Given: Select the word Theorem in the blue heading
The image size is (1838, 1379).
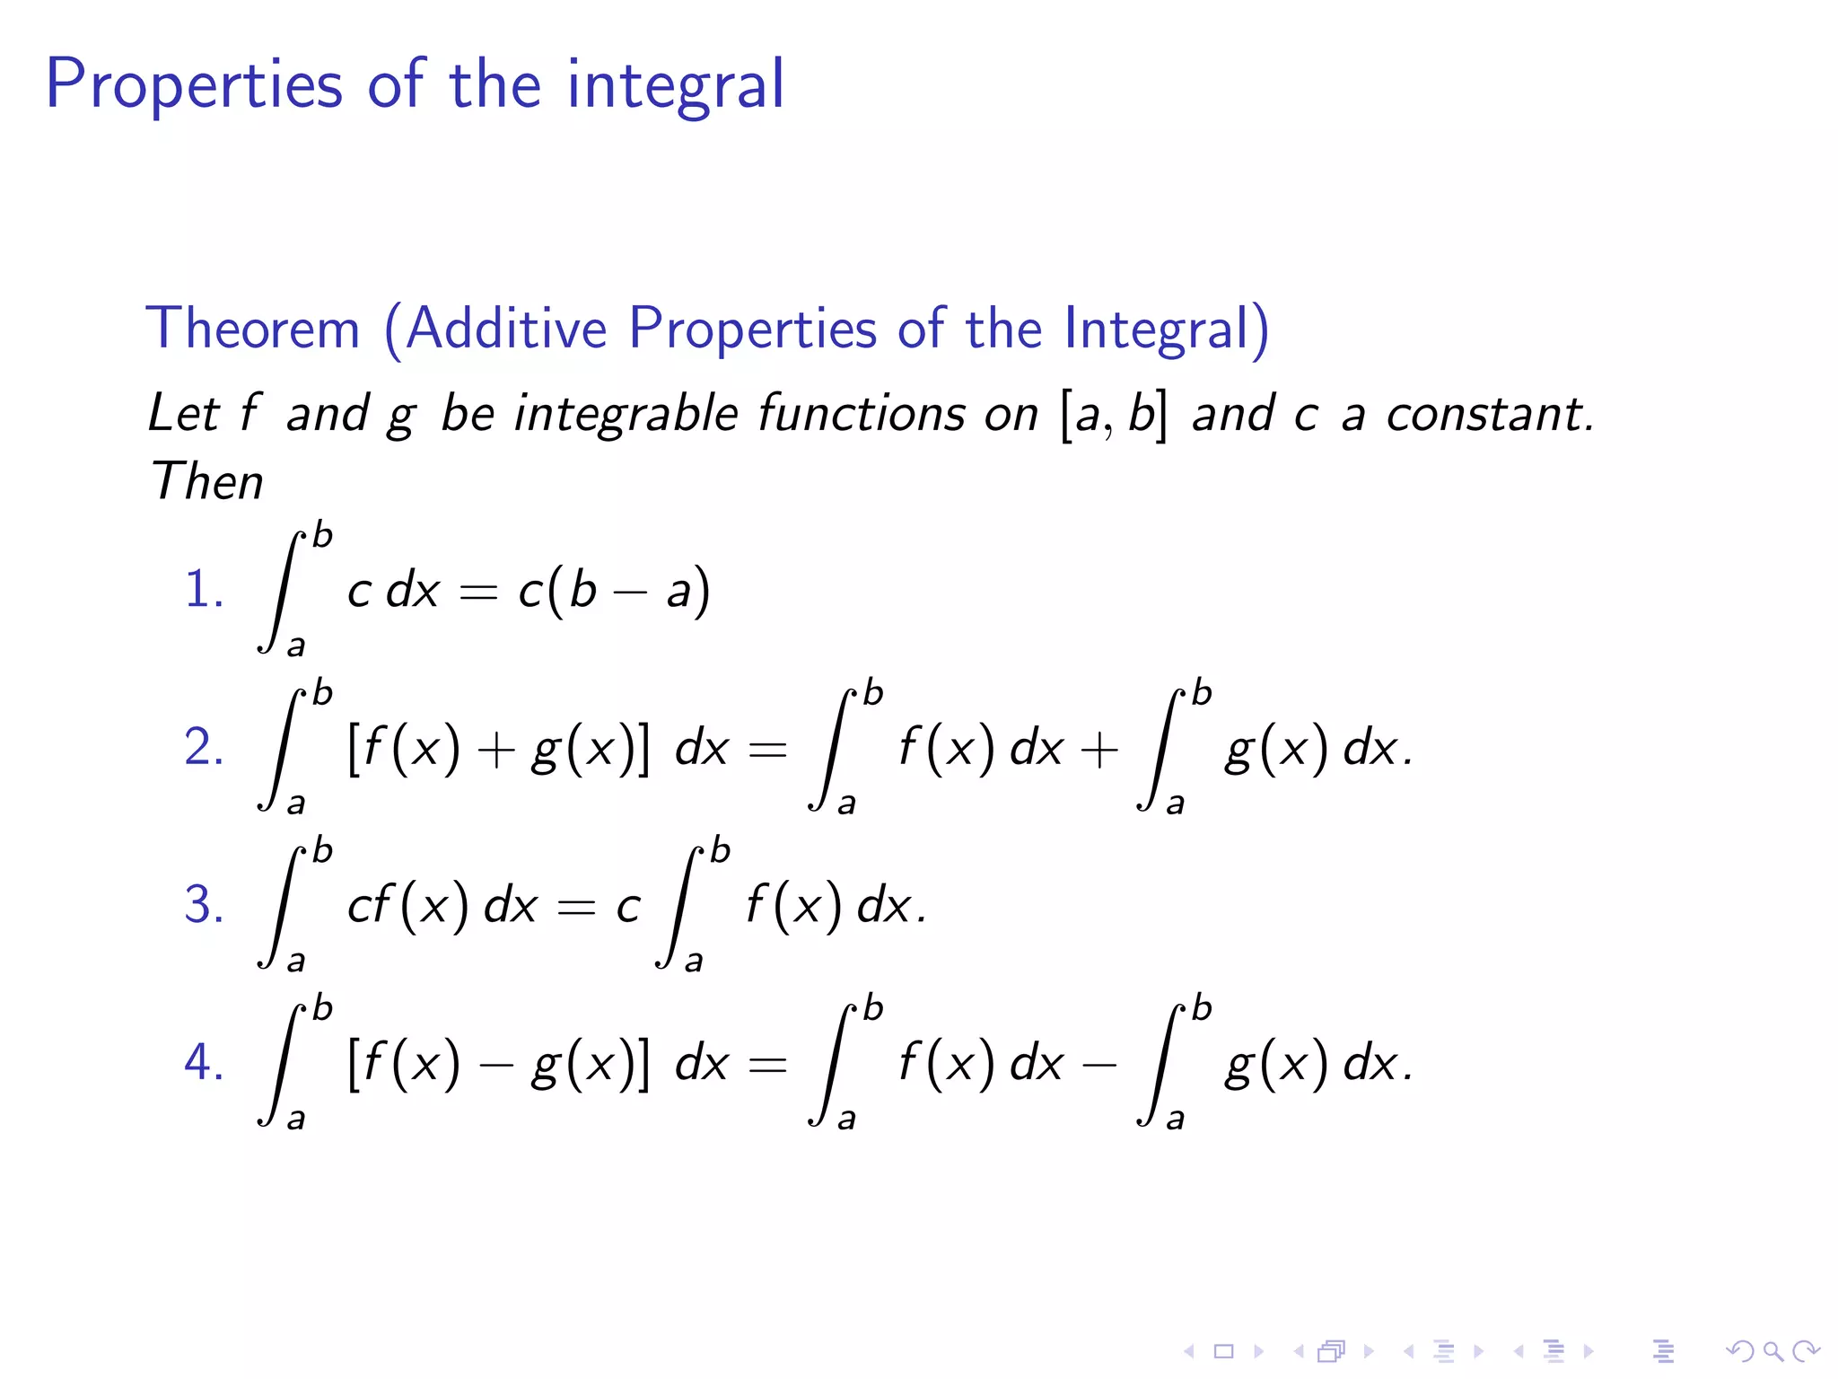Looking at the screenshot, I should pyautogui.click(x=252, y=328).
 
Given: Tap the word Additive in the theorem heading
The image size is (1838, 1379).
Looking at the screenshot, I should pyautogui.click(x=506, y=328).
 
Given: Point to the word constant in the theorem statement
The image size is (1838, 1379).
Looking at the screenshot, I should pyautogui.click(x=1489, y=414).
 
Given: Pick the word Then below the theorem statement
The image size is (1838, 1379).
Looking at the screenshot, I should pyautogui.click(x=206, y=481).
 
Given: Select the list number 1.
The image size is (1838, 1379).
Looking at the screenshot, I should pyautogui.click(x=203, y=591).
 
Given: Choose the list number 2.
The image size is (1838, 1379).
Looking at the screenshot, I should pyautogui.click(x=203, y=747).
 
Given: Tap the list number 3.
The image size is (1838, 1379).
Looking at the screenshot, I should pyautogui.click(x=203, y=904).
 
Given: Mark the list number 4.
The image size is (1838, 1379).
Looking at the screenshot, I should pyautogui.click(x=203, y=1062).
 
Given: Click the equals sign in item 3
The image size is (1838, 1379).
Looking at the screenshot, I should pyautogui.click(x=575, y=907).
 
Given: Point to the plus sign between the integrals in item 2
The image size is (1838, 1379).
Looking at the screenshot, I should pyautogui.click(x=1099, y=750).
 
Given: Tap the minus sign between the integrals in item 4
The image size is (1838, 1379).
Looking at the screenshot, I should pyautogui.click(x=1099, y=1066).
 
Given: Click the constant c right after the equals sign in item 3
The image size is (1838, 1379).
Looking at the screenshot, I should pyautogui.click(x=628, y=906).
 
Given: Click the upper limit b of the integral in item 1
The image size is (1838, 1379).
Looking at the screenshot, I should pyautogui.click(x=322, y=536).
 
